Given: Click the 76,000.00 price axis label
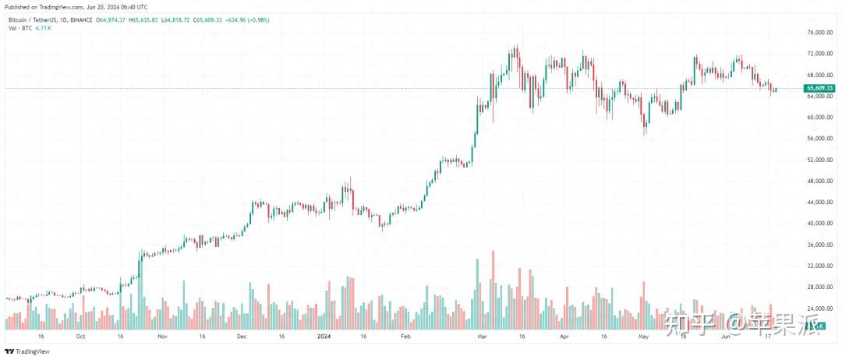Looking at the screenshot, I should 817,33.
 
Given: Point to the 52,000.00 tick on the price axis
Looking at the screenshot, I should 817,160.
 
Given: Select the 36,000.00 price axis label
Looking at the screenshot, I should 817,245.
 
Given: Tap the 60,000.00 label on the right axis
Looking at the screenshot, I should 817,118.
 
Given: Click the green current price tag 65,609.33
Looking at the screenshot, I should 820,88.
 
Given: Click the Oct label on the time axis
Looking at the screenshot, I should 80,337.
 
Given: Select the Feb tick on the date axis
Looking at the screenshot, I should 405,337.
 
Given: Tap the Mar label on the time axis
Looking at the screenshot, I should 482,337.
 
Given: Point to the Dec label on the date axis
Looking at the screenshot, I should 241,337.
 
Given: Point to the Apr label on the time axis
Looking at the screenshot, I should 563,337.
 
